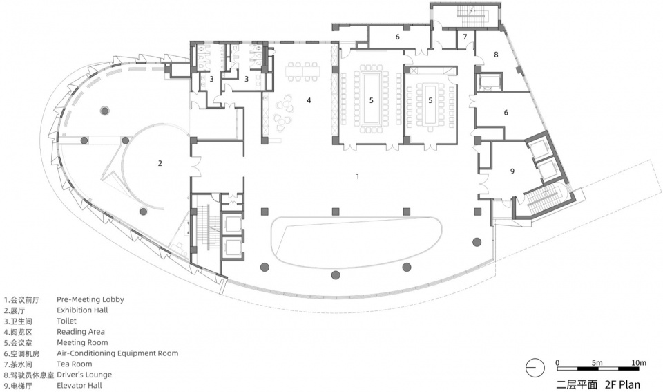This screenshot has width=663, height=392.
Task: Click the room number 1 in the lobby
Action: (358, 176)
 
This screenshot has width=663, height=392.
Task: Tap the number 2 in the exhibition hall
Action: (160, 163)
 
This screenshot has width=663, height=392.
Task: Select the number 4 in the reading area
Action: (309, 100)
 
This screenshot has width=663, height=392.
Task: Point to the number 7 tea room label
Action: (465, 37)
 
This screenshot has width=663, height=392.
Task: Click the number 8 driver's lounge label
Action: (496, 55)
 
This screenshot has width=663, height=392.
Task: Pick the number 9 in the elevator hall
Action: (512, 171)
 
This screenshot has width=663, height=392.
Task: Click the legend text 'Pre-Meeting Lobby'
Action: (90, 299)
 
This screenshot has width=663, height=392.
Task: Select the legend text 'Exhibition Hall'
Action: (82, 310)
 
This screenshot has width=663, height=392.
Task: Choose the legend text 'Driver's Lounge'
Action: (84, 375)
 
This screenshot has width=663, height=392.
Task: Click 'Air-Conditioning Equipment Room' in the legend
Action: (117, 353)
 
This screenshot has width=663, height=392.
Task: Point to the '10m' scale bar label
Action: (639, 363)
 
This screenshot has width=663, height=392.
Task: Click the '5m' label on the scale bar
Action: (597, 363)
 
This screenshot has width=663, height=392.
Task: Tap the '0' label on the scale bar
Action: (557, 363)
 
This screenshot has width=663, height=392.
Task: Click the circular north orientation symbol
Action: (535, 368)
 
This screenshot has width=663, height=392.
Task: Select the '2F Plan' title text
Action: (622, 384)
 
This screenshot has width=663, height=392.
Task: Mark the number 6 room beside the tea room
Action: (398, 37)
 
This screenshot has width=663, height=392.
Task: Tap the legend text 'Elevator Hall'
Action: (79, 385)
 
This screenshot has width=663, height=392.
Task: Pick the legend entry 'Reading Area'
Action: (81, 331)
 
